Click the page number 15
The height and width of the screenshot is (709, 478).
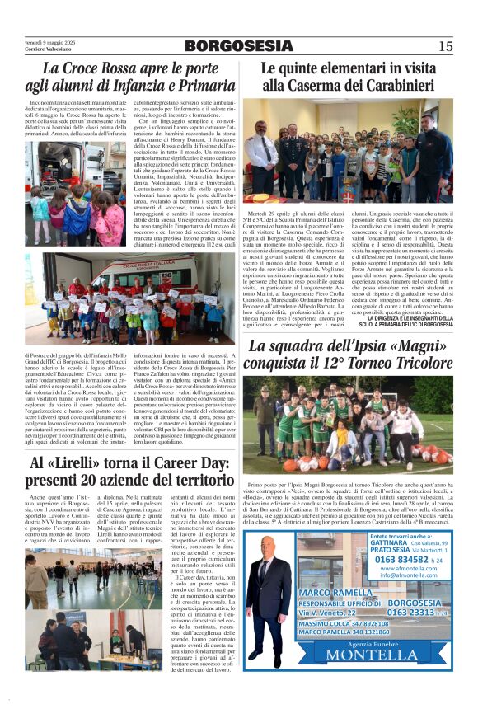pos(445,46)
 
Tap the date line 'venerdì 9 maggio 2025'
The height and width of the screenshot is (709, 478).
pos(50,42)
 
